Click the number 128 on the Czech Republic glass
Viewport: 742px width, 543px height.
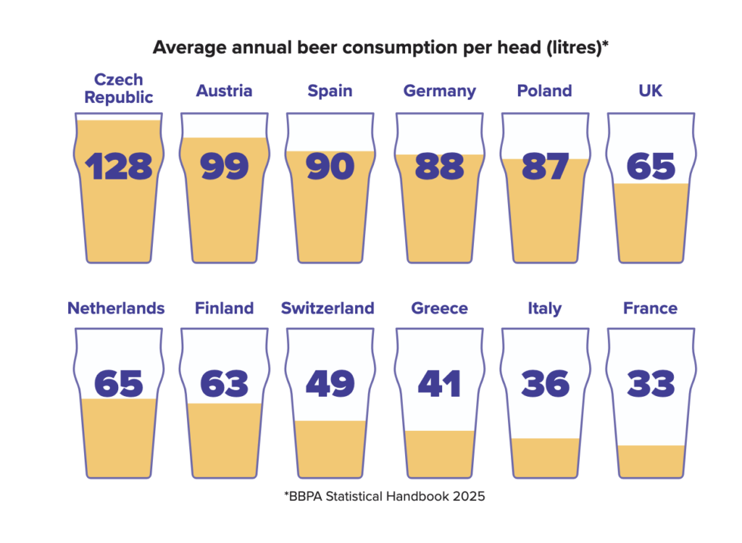pos(119,167)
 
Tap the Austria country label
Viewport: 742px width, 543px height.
pos(224,91)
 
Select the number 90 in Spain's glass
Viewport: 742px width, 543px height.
pos(330,167)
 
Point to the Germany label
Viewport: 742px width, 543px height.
pos(439,91)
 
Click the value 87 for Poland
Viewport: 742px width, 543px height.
pos(545,167)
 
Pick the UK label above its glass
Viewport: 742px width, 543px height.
pos(650,91)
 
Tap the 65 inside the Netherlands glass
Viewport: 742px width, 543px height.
pos(119,384)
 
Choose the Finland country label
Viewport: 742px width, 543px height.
pos(224,308)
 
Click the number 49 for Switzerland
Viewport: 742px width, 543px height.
pos(330,384)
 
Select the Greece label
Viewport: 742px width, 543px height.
pos(439,308)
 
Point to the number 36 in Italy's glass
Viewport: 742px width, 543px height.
pos(545,384)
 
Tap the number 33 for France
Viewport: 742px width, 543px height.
pos(651,384)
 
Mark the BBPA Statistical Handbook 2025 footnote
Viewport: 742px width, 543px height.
pos(384,497)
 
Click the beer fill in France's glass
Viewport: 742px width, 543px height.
pos(651,461)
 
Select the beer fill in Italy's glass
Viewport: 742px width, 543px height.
pos(545,458)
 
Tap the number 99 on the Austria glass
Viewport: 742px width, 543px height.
pos(224,167)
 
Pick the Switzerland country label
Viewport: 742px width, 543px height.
pos(328,308)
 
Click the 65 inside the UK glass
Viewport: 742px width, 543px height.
pos(651,167)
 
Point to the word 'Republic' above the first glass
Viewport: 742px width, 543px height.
pos(119,98)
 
